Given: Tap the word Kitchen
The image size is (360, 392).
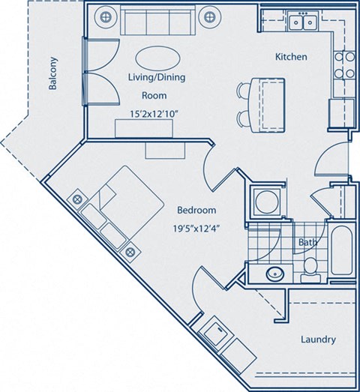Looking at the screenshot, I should [x=290, y=57].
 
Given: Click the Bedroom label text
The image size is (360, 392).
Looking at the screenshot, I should [x=196, y=210].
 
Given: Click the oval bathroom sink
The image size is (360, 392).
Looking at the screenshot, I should [x=274, y=273].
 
